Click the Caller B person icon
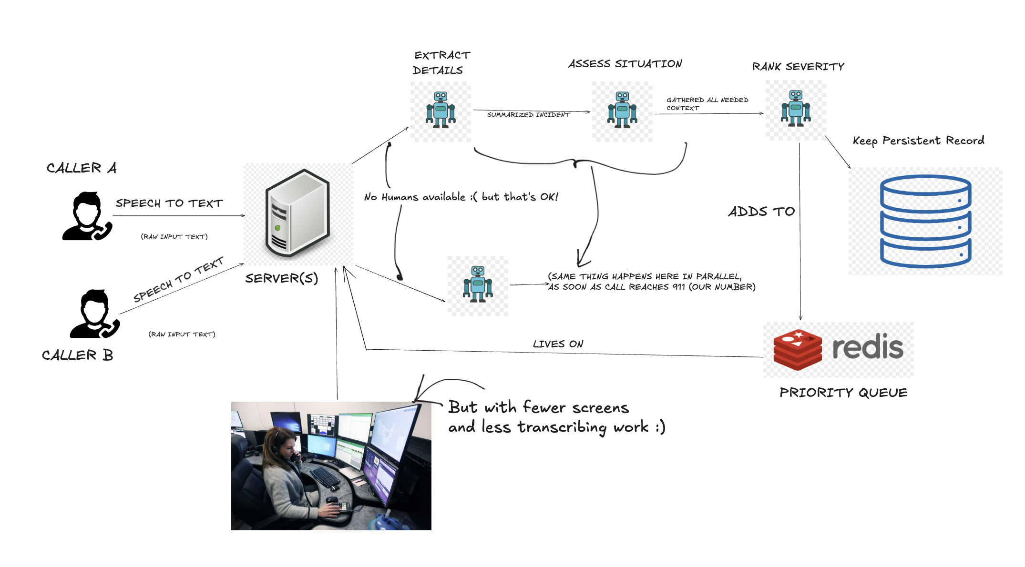pyautogui.click(x=95, y=314)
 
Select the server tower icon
pyautogui.click(x=297, y=213)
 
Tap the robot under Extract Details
pyautogui.click(x=441, y=110)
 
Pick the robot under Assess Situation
pyautogui.click(x=622, y=110)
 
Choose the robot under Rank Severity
pyautogui.click(x=796, y=108)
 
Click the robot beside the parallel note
pyautogui.click(x=478, y=284)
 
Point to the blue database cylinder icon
pyautogui.click(x=925, y=222)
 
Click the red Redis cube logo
pyautogui.click(x=798, y=350)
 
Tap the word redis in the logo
pyautogui.click(x=868, y=346)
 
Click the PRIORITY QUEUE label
pyautogui.click(x=843, y=393)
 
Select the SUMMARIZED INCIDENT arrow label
pyautogui.click(x=528, y=115)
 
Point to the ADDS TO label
pyautogui.click(x=761, y=211)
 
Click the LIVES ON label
pyautogui.click(x=558, y=344)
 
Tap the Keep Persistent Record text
pyautogui.click(x=918, y=141)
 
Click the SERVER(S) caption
pyautogui.click(x=281, y=278)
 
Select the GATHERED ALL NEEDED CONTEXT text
pyautogui.click(x=707, y=104)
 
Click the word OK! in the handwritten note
pyautogui.click(x=549, y=197)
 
